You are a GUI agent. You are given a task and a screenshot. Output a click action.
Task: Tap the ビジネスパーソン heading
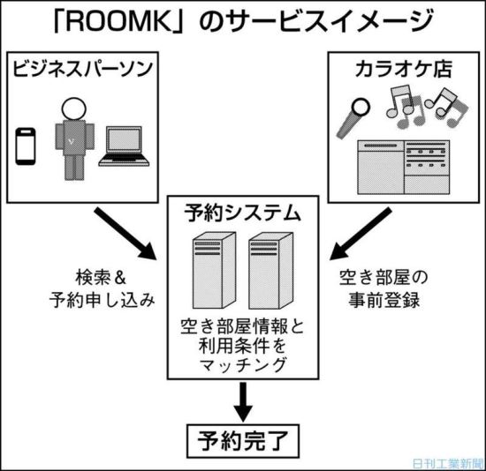(83, 69)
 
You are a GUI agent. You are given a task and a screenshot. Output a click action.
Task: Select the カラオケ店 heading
(403, 69)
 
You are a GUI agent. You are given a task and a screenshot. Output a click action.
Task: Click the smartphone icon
(26, 146)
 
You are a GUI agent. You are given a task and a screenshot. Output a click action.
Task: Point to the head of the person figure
(73, 108)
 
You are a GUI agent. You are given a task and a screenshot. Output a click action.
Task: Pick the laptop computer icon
(124, 146)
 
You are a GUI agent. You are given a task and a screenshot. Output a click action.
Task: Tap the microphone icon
(353, 118)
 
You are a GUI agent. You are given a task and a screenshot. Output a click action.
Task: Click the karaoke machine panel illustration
(404, 168)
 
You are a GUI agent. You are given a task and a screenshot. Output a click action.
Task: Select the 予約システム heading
(243, 213)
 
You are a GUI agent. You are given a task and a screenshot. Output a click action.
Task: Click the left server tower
(214, 270)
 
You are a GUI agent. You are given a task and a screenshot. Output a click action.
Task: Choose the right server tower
(270, 271)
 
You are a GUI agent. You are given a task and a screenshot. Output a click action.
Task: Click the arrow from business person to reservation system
(125, 233)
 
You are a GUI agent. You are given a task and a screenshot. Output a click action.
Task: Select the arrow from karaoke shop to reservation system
(361, 234)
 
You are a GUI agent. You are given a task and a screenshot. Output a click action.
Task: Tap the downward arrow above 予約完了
(243, 401)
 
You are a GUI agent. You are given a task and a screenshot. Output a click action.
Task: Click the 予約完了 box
(243, 441)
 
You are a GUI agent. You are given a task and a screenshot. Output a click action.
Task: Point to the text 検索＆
(101, 278)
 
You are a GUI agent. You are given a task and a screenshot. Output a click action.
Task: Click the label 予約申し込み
(102, 300)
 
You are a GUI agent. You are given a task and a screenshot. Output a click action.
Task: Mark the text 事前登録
(384, 300)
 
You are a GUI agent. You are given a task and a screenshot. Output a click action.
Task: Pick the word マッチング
(243, 365)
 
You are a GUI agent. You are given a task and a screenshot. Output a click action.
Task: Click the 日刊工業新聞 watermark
(448, 463)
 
